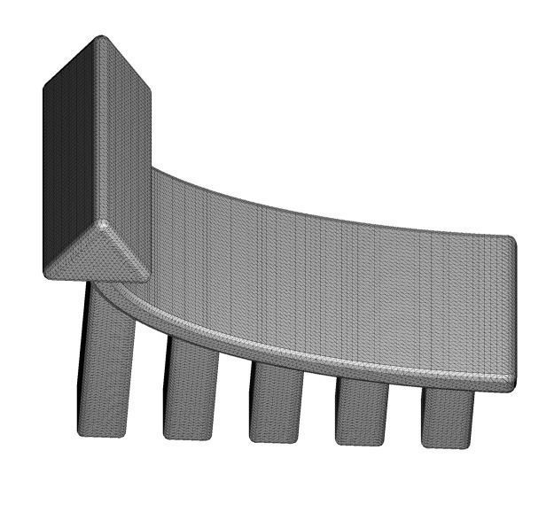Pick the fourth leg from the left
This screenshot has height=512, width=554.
[x=362, y=409]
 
